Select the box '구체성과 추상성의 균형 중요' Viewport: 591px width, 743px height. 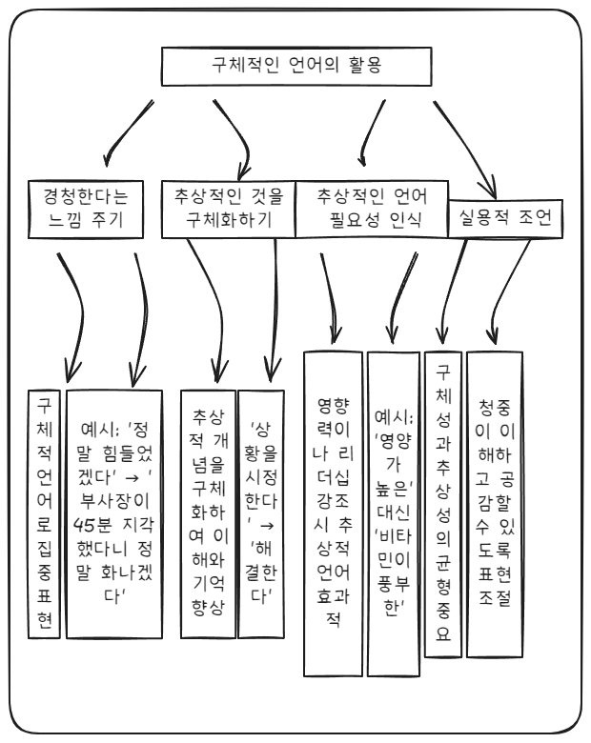click(439, 501)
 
